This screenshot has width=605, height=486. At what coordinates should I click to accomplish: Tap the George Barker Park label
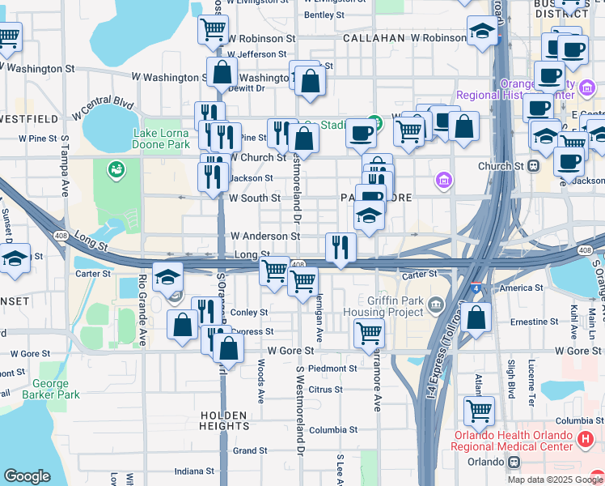click(57, 389)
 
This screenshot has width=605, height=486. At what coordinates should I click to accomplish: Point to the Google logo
click(27, 476)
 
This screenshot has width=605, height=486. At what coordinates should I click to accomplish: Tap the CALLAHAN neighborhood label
click(373, 38)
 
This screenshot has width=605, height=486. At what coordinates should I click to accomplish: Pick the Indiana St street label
click(195, 471)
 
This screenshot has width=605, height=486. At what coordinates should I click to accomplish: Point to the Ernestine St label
click(529, 322)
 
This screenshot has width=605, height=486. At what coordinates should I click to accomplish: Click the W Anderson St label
click(265, 236)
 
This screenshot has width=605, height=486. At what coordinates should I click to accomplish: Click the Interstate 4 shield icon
click(473, 287)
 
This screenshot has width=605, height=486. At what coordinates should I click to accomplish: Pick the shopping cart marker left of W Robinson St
click(212, 30)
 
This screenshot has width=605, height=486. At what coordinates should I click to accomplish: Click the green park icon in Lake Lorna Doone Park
click(116, 168)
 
